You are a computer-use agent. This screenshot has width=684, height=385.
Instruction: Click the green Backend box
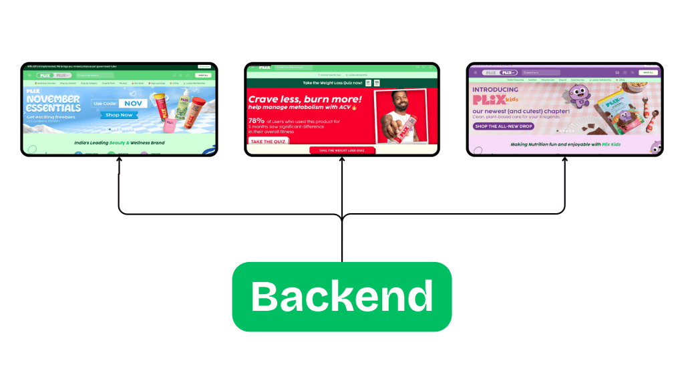tap(341, 296)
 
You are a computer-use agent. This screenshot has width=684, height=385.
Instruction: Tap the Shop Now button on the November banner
tap(118, 114)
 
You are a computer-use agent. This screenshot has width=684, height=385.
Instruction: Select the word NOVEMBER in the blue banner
tap(53, 100)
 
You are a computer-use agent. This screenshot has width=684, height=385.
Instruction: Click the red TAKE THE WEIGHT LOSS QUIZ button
tap(341, 151)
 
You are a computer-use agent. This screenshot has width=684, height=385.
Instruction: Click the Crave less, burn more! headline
tap(305, 100)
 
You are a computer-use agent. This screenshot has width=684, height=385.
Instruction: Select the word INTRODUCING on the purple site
tap(495, 90)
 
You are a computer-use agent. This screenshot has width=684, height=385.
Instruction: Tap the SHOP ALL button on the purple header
tap(647, 72)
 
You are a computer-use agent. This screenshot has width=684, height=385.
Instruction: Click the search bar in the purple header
tap(541, 72)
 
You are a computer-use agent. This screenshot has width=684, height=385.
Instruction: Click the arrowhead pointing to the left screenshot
tap(118, 161)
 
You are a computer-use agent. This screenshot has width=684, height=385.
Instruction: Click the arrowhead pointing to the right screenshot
tap(564, 161)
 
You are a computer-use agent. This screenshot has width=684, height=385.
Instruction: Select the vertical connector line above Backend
tap(341, 241)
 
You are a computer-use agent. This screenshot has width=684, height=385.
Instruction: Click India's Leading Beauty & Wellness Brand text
tap(120, 142)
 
